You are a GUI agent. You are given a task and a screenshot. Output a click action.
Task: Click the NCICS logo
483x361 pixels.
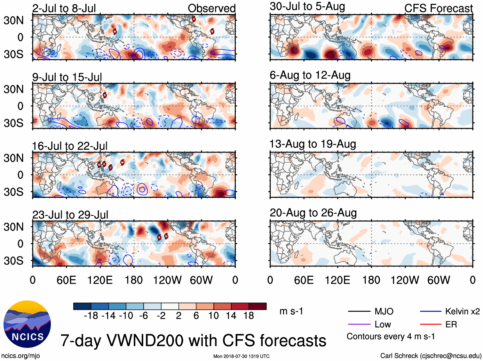(27, 324)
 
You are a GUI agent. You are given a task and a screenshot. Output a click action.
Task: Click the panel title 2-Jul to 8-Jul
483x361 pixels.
(64, 8)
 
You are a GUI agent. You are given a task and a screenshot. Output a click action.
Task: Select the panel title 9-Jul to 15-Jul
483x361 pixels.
(67, 77)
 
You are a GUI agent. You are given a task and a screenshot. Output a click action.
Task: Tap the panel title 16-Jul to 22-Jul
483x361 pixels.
(70, 146)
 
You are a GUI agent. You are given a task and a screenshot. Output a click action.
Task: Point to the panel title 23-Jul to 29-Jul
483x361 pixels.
(70, 215)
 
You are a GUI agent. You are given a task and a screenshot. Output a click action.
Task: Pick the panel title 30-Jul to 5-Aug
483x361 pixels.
(307, 6)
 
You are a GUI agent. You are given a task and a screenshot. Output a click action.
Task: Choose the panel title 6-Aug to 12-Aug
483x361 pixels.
(310, 75)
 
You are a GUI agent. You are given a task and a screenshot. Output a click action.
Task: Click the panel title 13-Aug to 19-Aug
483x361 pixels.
(313, 144)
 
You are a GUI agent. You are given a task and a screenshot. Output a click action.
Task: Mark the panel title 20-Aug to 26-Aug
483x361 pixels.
(313, 213)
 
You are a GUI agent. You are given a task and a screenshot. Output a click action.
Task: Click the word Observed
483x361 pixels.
(211, 8)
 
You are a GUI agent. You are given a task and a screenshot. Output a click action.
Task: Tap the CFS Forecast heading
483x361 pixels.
(438, 8)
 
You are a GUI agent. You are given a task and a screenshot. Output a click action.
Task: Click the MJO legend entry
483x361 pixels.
(384, 311)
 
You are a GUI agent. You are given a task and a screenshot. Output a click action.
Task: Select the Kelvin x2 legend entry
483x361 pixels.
(462, 311)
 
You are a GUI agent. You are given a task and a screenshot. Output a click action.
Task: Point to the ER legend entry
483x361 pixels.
(451, 324)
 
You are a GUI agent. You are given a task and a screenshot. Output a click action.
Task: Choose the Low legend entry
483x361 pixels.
(383, 324)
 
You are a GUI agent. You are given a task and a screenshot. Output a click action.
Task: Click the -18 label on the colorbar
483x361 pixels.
(91, 316)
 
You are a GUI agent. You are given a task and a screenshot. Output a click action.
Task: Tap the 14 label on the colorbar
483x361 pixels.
(231, 316)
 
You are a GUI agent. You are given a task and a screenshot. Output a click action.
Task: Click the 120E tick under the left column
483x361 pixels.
(100, 280)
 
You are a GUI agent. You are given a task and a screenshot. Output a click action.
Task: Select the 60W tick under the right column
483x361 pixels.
(439, 280)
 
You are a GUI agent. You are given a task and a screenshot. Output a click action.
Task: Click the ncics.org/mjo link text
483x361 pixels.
(20, 356)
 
